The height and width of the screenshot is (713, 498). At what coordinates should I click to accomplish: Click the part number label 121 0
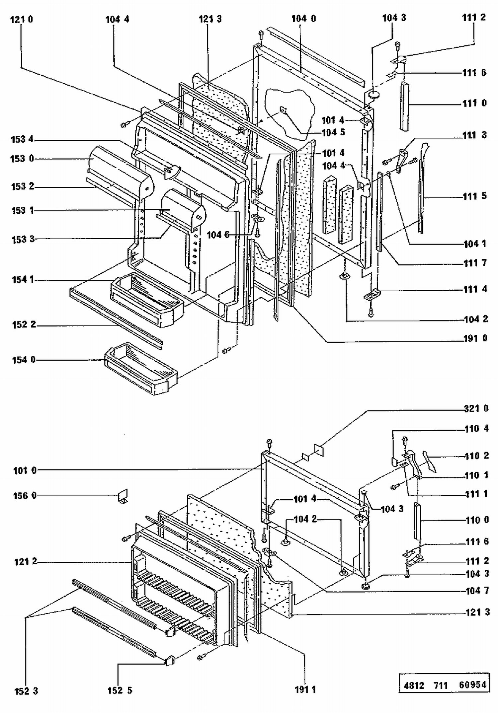[x=22, y=20]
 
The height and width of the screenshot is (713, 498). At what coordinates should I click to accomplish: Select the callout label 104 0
[x=304, y=19]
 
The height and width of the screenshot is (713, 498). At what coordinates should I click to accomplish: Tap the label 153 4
[x=22, y=139]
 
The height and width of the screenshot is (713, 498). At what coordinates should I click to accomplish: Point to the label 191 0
[x=475, y=338]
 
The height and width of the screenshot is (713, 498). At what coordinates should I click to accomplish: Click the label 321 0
[x=476, y=408]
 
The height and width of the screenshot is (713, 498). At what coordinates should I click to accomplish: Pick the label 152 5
[x=120, y=690]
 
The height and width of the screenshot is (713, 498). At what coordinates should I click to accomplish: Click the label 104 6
[x=218, y=235]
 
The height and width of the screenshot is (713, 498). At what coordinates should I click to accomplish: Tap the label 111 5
[x=475, y=196]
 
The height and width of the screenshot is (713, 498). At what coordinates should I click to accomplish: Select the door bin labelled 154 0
[x=141, y=369]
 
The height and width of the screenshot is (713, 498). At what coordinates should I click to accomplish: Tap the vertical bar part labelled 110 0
[x=417, y=521]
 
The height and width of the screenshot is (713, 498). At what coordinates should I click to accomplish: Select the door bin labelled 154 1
[x=146, y=300]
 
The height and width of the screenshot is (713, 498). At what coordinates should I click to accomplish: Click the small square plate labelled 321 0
[x=318, y=450]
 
